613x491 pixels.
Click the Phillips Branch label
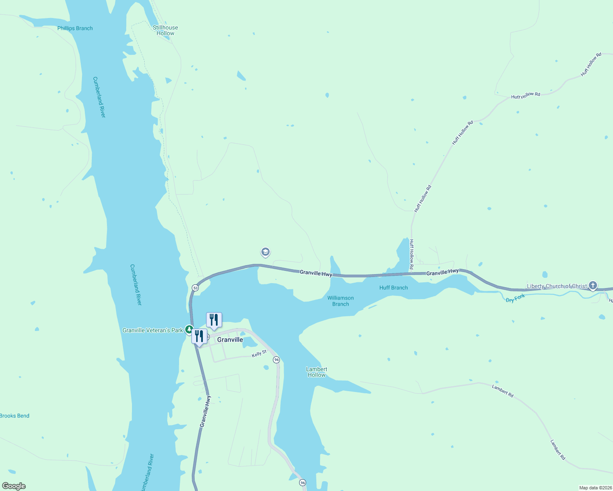click(75, 28)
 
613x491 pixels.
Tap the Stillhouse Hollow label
click(166, 31)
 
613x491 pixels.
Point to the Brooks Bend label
click(15, 416)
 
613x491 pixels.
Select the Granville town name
click(230, 340)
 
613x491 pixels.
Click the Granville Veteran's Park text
click(152, 330)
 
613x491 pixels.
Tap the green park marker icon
click(189, 329)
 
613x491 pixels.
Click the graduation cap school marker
click(266, 252)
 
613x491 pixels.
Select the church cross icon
click(593, 285)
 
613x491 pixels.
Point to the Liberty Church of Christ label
click(556, 286)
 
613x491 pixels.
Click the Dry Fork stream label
click(515, 298)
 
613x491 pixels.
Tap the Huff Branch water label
click(393, 288)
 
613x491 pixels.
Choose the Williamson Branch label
click(341, 301)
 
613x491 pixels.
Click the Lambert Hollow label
click(317, 372)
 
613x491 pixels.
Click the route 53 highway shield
click(195, 288)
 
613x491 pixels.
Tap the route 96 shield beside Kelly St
click(277, 360)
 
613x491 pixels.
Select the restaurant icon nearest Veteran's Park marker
click(199, 337)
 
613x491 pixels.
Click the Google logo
click(14, 486)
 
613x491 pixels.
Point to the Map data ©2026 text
click(595, 488)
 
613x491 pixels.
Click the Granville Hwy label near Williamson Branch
click(316, 273)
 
